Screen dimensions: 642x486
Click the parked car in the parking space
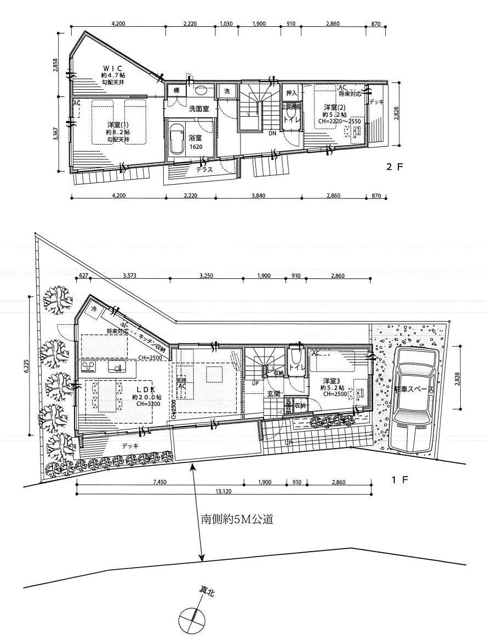coord(415,400)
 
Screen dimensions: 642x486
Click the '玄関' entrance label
coord(273,393)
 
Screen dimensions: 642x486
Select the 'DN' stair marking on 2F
coord(272,133)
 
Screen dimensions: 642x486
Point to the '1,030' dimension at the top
coord(226,24)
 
